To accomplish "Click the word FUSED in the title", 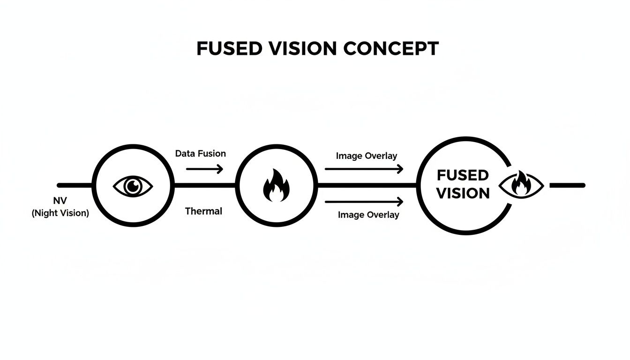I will coord(225,49).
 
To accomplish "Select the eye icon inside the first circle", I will coord(133,186).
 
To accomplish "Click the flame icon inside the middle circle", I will coord(276,186).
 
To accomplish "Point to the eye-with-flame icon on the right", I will coord(521,186).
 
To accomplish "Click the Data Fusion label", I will coord(200,153).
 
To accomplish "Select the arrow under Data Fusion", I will coord(204,169).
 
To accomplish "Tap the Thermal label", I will coord(203,211).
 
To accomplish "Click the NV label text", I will coord(60,201).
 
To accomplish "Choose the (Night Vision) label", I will coord(60,213).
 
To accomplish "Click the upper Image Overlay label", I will coord(367,156).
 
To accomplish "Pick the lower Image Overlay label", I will coord(368,215).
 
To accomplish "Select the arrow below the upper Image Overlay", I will coord(364,169).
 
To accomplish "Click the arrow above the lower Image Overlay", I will coord(364,202).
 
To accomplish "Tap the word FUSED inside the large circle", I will coord(463,175).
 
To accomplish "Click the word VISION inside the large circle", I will coord(463,193).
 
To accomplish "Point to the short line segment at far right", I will coord(567,186).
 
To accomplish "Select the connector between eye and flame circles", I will coord(204,186).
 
